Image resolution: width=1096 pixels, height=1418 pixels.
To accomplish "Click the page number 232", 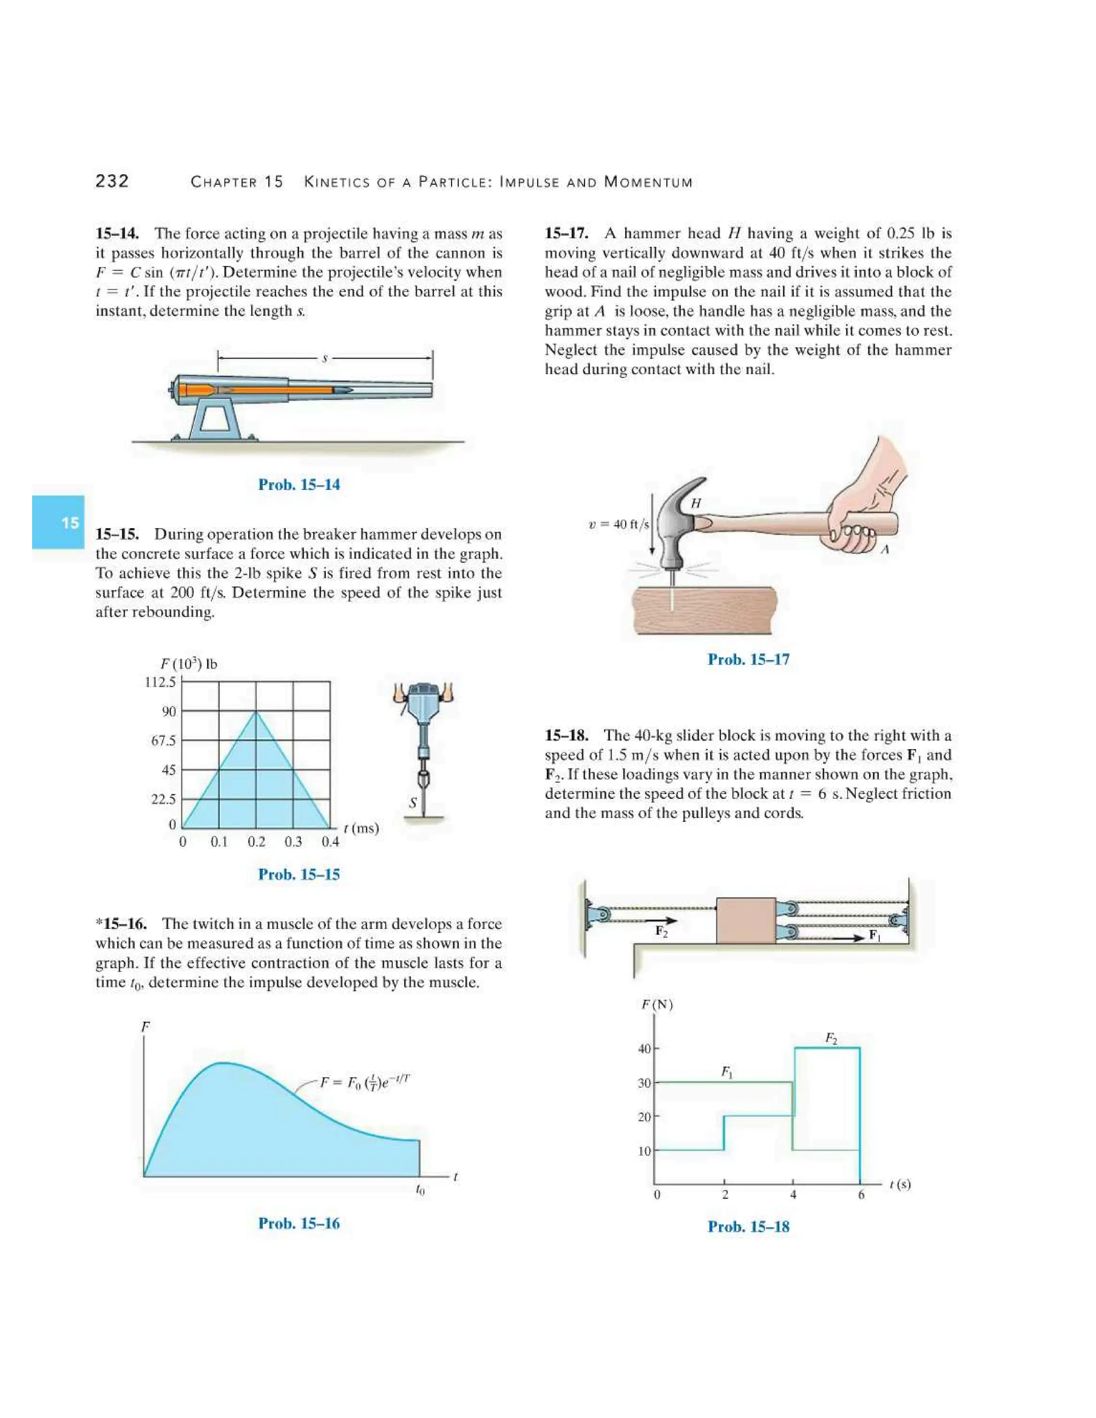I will point(112,181).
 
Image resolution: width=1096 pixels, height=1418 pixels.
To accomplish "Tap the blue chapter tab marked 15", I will point(58,522).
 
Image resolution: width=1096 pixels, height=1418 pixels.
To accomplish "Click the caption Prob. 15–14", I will point(299,484).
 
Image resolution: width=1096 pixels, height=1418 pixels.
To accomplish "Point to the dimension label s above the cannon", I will point(325,357).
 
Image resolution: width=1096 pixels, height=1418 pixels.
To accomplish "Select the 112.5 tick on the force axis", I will point(159,682).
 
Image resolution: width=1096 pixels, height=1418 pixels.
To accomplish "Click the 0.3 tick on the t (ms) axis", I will point(293,842).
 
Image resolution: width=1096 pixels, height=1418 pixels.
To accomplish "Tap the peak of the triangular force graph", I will point(256,712).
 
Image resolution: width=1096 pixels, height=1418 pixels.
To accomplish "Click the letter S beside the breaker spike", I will point(412,803).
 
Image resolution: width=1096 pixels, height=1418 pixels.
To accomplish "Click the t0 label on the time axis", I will point(420,1190).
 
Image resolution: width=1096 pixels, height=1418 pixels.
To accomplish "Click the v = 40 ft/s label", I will point(618,524).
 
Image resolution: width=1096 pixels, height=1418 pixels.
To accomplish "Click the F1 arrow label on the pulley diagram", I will point(875,935).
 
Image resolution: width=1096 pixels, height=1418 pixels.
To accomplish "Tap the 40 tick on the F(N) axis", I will point(643,1049).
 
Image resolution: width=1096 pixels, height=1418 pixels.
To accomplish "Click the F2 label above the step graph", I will point(831,1038).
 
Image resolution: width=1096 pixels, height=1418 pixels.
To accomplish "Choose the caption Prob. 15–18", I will point(748,1226).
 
